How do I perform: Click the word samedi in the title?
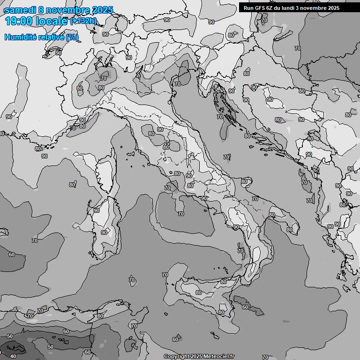click(20, 10)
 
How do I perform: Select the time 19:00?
click(20, 21)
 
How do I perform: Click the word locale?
click(53, 21)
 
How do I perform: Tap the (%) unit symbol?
click(72, 37)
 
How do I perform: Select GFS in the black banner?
click(261, 8)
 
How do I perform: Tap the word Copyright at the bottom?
click(176, 357)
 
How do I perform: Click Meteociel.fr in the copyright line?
click(219, 357)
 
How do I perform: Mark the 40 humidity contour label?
click(13, 356)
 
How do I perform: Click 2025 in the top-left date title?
click(103, 10)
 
